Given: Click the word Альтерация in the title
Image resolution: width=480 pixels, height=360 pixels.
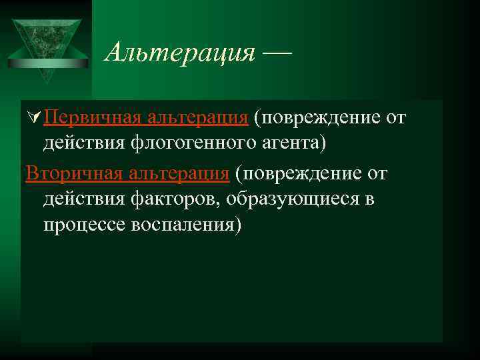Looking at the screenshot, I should pyautogui.click(x=179, y=51).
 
